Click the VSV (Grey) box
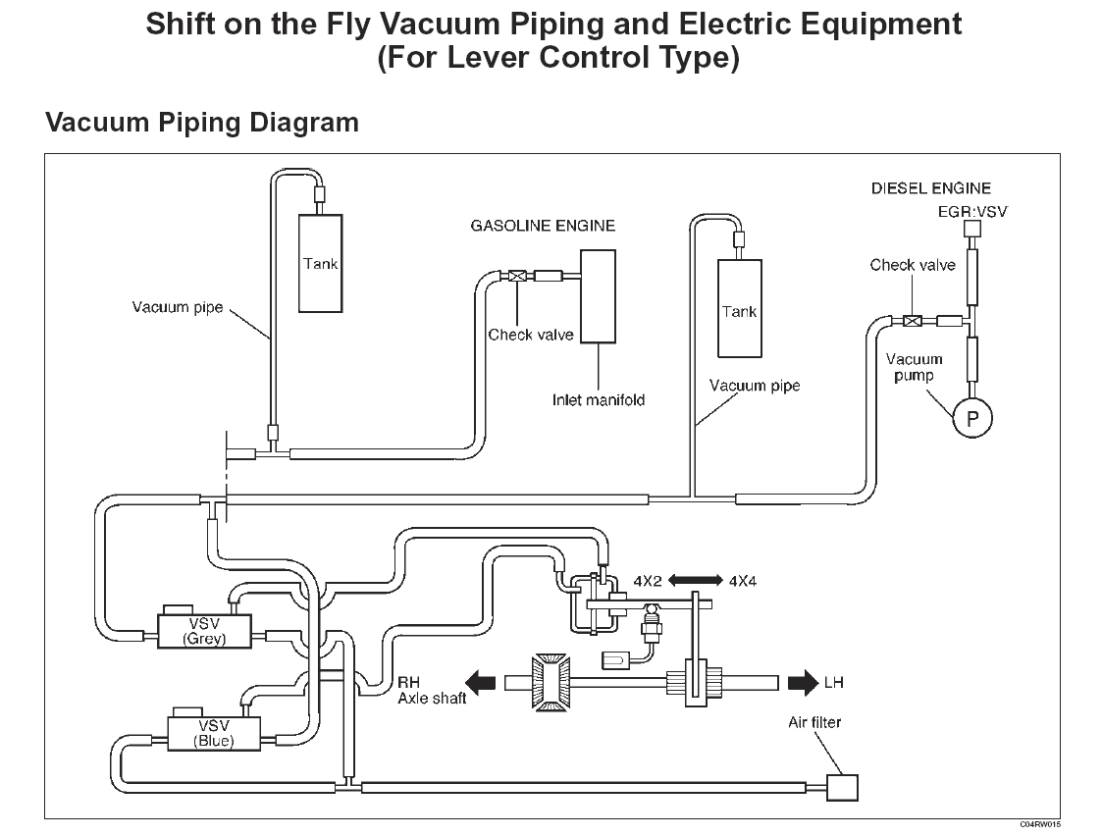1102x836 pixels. point(205,631)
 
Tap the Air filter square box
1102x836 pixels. point(841,786)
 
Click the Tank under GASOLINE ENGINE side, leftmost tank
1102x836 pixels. point(320,263)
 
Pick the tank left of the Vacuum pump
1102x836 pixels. point(739,308)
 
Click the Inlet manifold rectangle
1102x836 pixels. point(598,295)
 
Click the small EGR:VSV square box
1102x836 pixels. point(971,229)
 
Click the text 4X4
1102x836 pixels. point(742,581)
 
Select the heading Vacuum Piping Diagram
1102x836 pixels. point(202,123)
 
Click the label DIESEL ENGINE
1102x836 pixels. point(931,188)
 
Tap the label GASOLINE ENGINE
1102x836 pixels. point(543,226)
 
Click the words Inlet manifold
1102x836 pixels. point(598,399)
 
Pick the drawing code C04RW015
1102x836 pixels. point(1039,824)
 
